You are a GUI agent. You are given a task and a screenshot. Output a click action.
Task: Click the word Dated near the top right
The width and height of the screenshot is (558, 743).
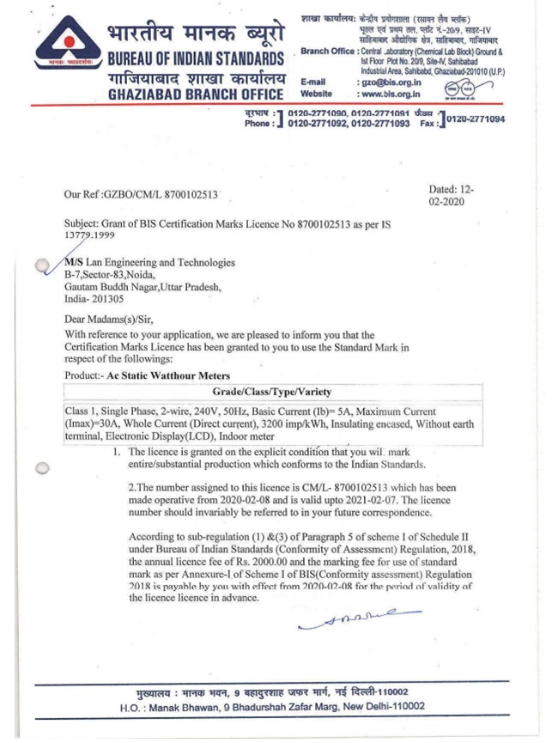tap(446, 189)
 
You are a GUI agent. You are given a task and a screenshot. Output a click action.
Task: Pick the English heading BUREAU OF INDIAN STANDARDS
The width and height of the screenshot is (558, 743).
tap(197, 60)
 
